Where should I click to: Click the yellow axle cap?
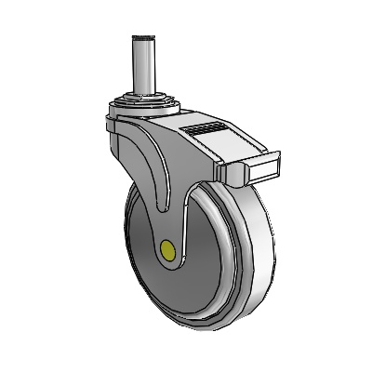pos(168,250)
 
